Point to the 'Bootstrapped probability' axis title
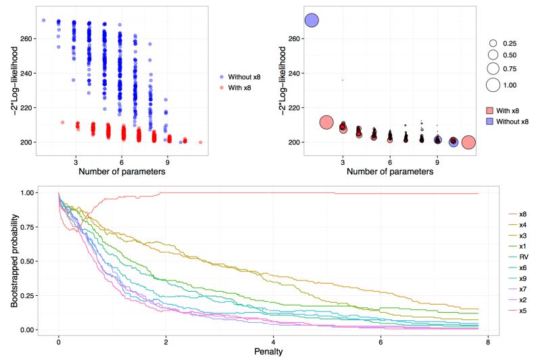14,260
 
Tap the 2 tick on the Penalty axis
166,342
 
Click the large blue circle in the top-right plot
312,20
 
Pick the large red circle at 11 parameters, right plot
468,143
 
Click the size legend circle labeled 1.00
493,84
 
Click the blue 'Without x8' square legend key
492,121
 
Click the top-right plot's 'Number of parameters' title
391,172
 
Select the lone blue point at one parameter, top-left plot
43,20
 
